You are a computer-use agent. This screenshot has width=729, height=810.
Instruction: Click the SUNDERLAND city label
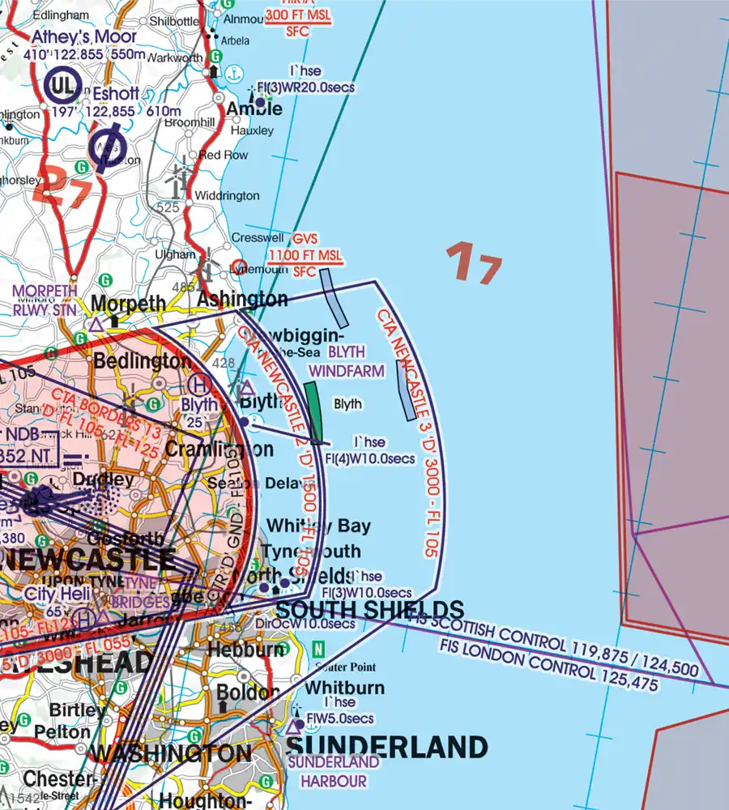click(x=386, y=747)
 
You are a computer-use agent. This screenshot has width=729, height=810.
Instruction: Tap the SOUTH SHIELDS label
click(x=370, y=610)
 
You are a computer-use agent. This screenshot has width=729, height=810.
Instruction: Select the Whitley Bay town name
click(x=318, y=526)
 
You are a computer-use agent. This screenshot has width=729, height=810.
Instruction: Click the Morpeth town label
click(x=128, y=304)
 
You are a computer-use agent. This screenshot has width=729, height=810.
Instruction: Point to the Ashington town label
click(x=242, y=300)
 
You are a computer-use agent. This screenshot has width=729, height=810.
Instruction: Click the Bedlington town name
click(x=143, y=361)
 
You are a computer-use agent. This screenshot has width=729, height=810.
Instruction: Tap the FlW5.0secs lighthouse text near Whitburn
click(x=338, y=719)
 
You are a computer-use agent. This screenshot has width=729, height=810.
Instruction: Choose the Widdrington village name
click(x=228, y=196)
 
